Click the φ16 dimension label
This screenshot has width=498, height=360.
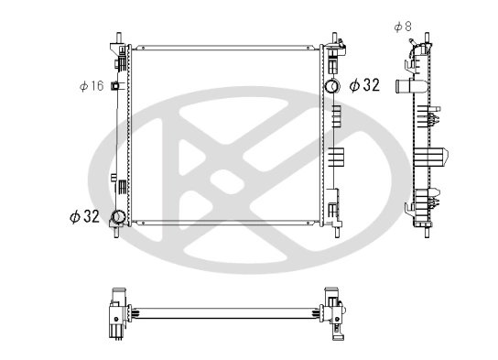[92, 86]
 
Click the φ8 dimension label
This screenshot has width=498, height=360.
[403, 27]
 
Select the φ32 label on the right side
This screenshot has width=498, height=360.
[364, 85]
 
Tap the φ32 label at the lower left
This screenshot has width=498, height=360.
[84, 217]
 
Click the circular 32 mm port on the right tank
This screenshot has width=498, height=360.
[332, 86]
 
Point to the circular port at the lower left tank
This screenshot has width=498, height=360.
[118, 217]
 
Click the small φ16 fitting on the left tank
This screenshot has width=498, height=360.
[114, 85]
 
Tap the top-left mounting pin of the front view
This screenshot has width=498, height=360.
[119, 38]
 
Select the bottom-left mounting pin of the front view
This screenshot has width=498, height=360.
[117, 233]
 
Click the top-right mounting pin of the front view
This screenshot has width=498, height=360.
[334, 38]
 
